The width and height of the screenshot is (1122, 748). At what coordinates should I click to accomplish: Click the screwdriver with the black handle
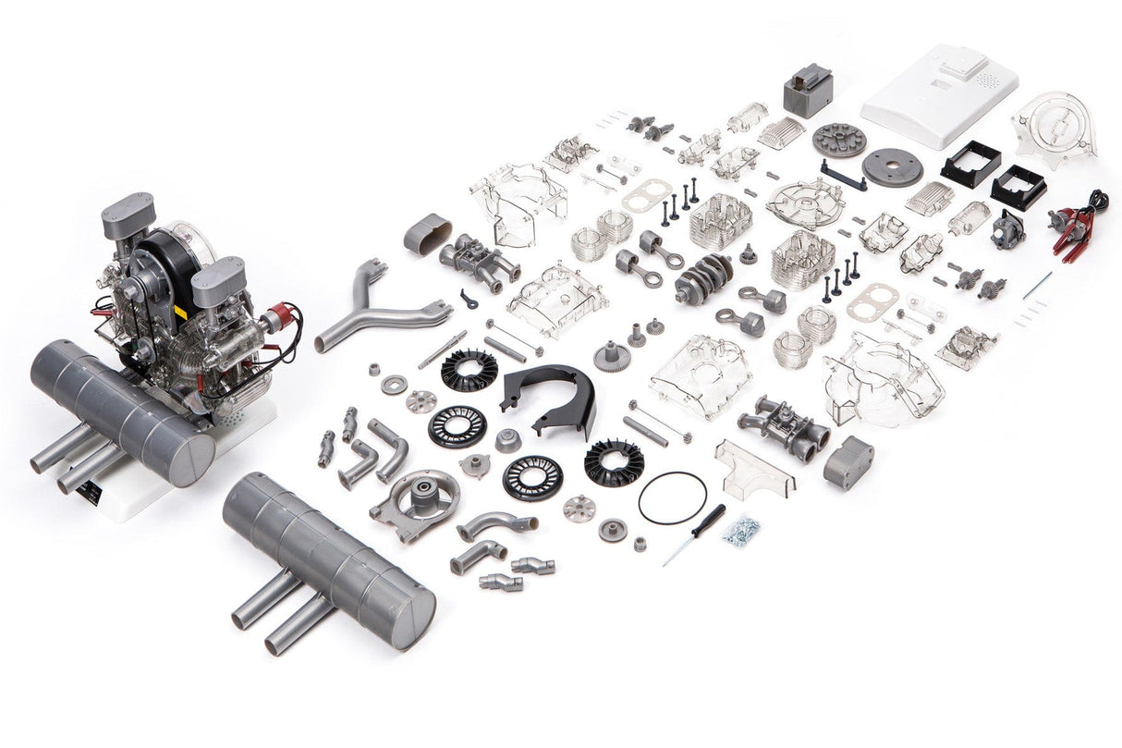coord(695,533)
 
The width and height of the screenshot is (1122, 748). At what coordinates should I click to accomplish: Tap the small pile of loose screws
coord(741,529)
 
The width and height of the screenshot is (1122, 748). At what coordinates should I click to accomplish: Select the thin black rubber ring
coord(672,497)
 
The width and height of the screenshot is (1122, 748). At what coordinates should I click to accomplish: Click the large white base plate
coord(940,95)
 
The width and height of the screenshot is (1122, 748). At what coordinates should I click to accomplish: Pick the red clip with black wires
coord(1072,225)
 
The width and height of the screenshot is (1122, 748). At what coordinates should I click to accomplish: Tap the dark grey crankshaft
coord(702,276)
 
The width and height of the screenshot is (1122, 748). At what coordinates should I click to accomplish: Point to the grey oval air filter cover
coord(428,233)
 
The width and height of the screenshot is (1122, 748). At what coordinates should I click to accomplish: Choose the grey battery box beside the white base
coord(808,90)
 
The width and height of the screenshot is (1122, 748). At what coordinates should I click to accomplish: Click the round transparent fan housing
coord(1054,129)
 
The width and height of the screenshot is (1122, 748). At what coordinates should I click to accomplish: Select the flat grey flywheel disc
coord(893,167)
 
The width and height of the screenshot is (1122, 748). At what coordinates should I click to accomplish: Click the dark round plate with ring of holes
coord(839,140)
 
